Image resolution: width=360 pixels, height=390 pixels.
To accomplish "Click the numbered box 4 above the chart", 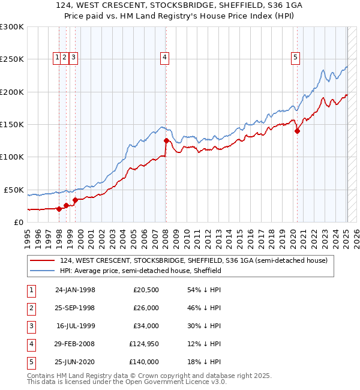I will tap(164, 58).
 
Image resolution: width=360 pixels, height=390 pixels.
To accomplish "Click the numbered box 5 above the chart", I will tap(296, 58).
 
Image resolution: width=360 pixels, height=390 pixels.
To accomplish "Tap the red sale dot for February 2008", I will tap(166, 141).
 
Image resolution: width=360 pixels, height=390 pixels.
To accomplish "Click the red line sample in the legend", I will tap(42, 261).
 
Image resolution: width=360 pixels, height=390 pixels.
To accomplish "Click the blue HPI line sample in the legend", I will tap(42, 271).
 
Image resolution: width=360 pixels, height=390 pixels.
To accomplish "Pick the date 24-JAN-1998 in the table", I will tap(75, 290).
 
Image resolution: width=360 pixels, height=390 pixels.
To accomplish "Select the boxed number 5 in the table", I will tap(31, 362).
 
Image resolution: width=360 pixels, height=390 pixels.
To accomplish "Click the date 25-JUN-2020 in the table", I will tap(75, 362).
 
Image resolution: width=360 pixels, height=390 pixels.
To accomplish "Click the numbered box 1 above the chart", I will tap(57, 58).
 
